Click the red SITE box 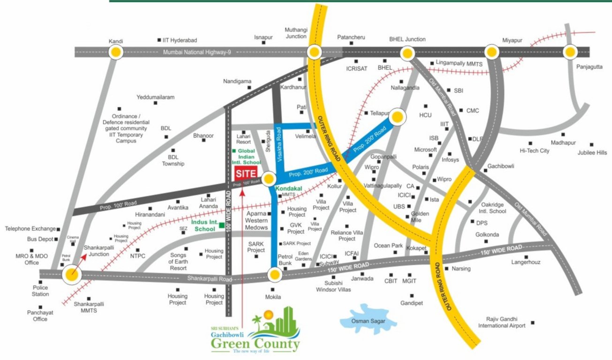246,173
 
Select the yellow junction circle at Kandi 115,52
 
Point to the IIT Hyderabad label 180,40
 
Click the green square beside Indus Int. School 221,226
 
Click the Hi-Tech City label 534,150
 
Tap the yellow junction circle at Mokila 274,274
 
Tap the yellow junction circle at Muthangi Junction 314,52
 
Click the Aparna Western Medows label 256,220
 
